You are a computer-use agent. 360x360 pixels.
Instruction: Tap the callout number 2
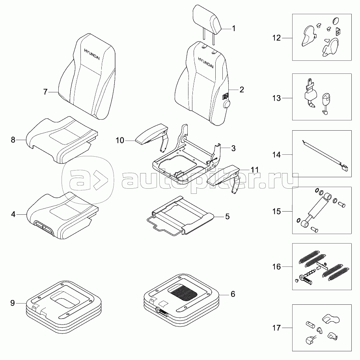(241, 90)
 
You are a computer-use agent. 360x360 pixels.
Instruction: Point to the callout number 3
(233, 148)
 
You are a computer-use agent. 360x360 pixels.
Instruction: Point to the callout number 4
(13, 215)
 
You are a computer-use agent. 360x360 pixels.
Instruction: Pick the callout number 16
(276, 267)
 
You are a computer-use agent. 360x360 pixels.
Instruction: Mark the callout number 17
(276, 327)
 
